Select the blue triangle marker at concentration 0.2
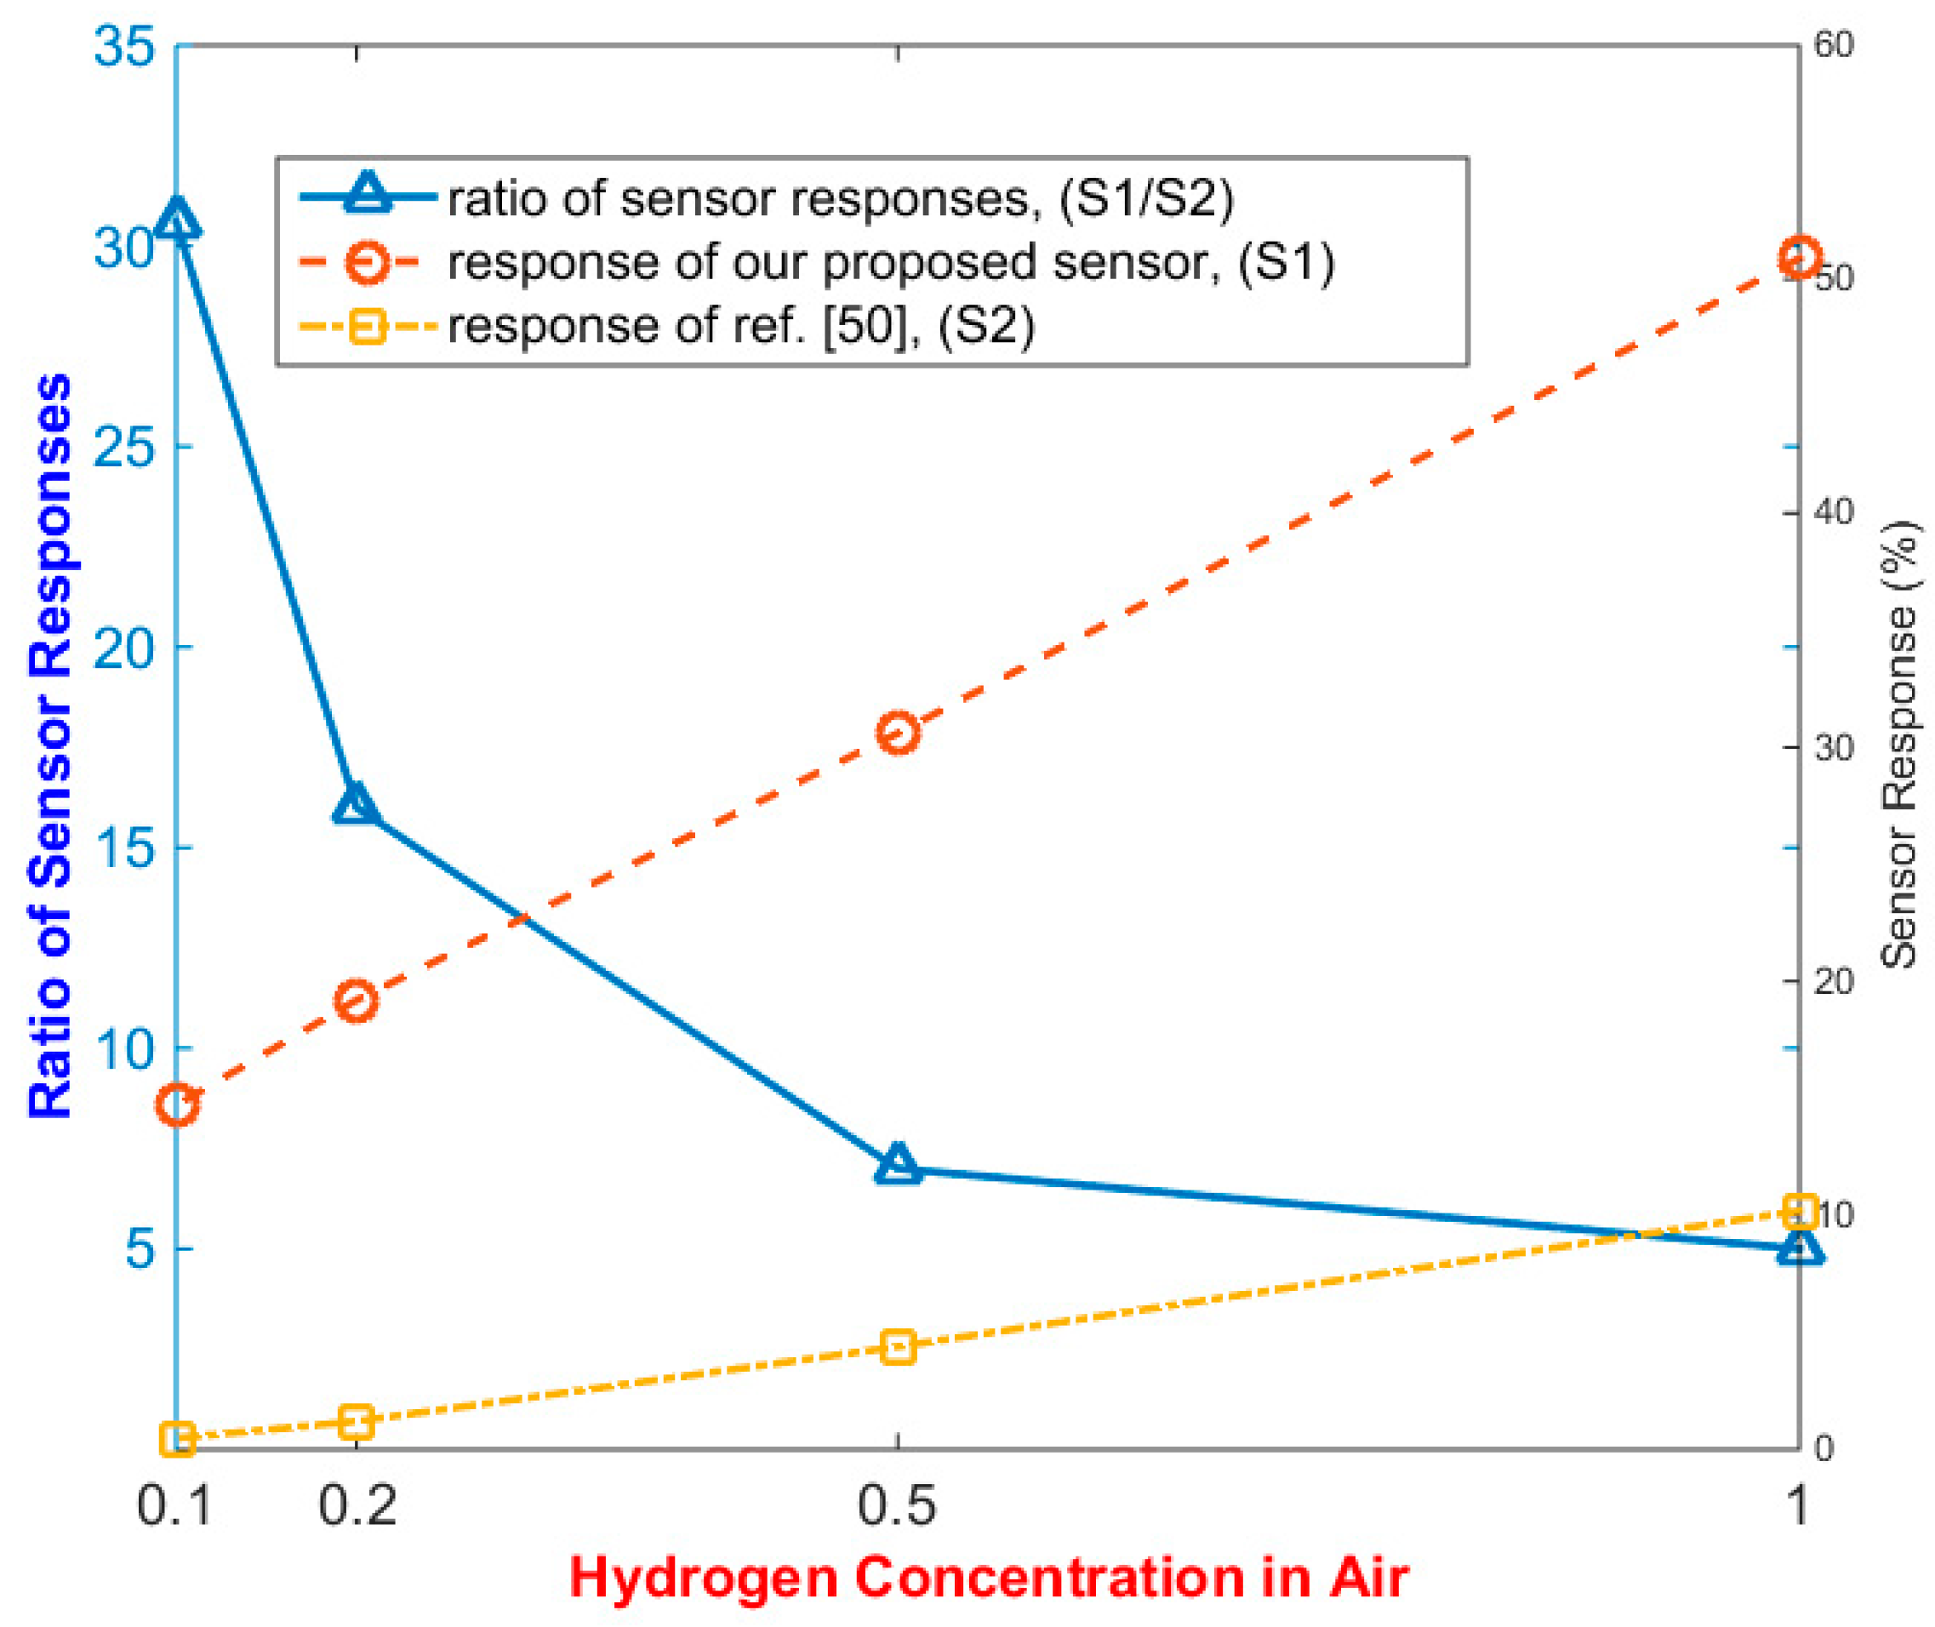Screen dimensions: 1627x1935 coord(356,805)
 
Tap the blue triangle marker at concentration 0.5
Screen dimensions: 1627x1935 coord(898,1166)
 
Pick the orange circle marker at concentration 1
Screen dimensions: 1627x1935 coord(1799,257)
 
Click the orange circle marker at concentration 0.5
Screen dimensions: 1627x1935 coord(898,734)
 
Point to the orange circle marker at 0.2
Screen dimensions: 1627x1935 coord(356,1001)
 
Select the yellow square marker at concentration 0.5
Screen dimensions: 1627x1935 coord(898,1346)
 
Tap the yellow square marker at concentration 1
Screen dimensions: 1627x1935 coord(1800,1211)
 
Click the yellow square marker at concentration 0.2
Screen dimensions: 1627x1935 coord(356,1422)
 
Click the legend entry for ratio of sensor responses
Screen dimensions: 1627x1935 coord(839,198)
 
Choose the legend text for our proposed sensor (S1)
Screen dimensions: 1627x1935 coord(890,262)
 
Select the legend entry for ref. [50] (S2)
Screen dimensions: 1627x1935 coord(740,326)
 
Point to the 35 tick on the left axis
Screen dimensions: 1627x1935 coord(123,46)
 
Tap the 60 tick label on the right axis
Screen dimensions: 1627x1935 coord(1834,46)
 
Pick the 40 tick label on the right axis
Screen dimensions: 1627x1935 coord(1834,513)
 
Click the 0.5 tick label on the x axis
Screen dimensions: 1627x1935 coord(897,1505)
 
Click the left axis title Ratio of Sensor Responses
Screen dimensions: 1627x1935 coord(50,745)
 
